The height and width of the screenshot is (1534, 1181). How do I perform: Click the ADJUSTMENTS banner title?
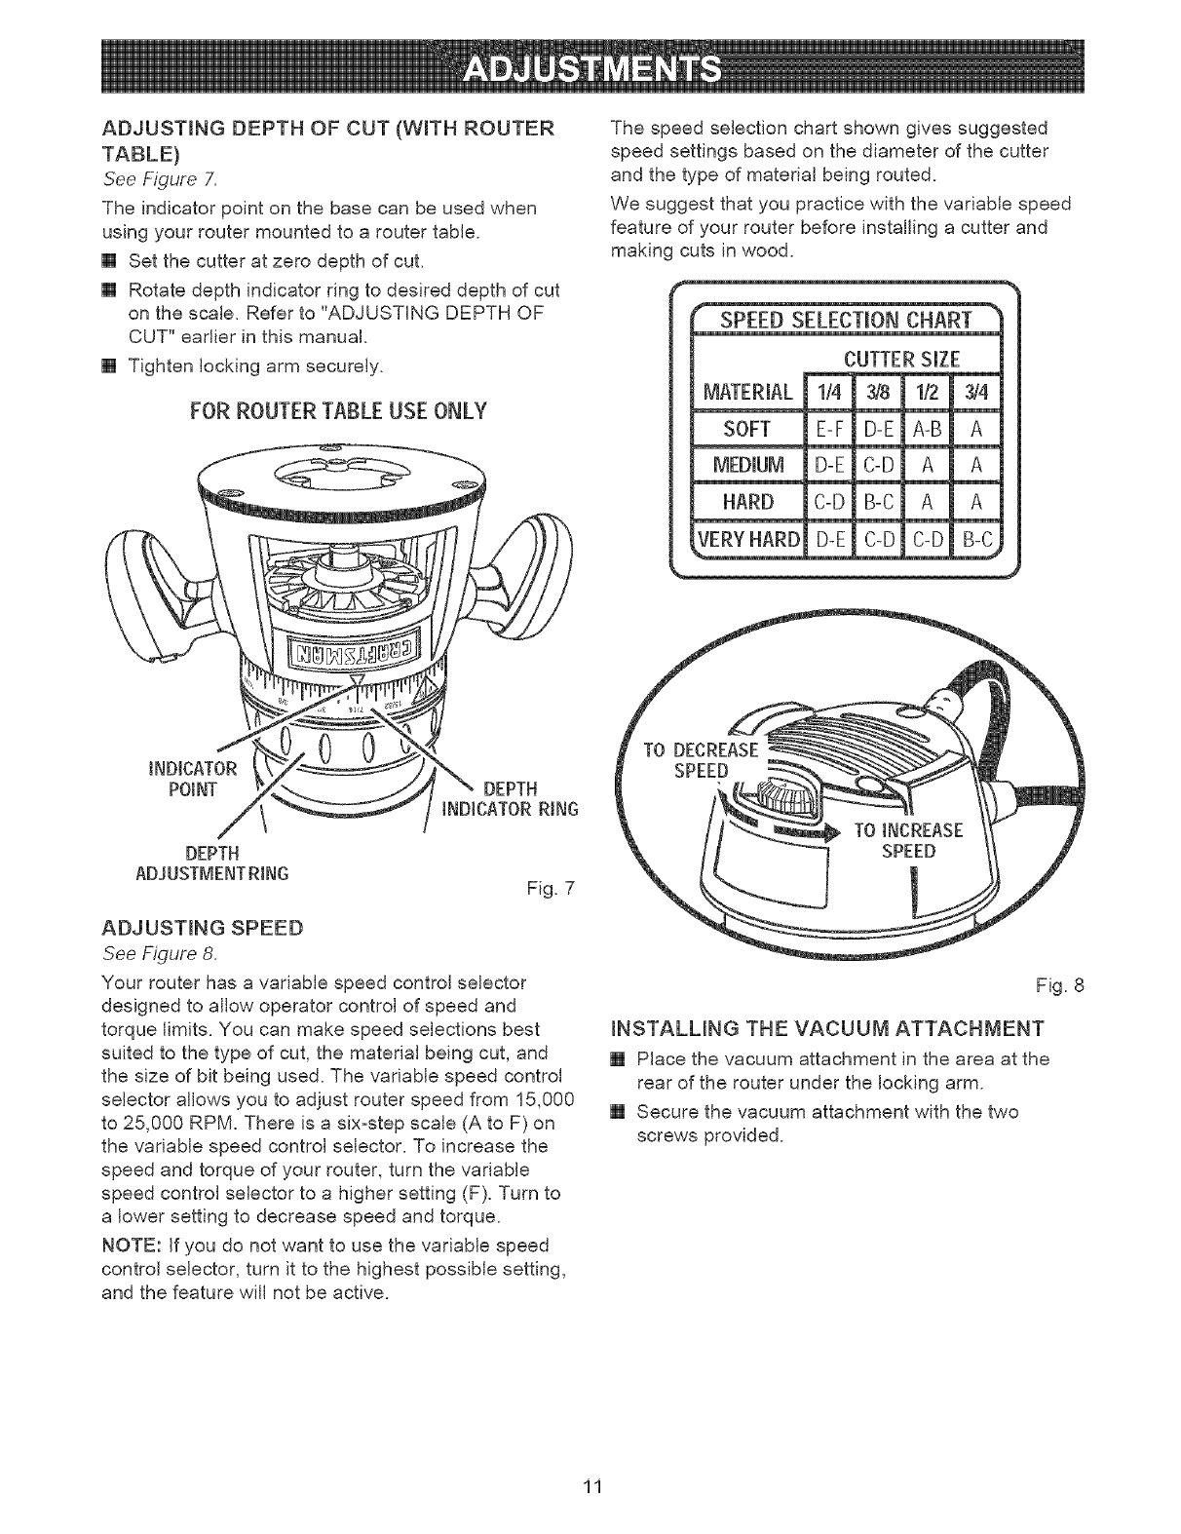[x=590, y=68]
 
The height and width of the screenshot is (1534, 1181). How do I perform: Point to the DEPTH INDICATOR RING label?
[x=510, y=798]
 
